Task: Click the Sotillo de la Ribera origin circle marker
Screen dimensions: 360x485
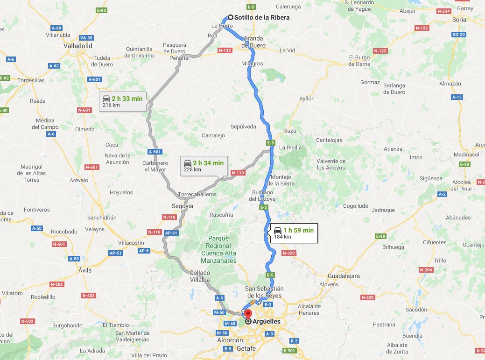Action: point(231,17)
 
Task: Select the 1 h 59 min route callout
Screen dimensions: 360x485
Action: point(293,233)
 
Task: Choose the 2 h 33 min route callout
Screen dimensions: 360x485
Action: point(124,101)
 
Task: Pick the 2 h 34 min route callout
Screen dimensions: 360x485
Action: point(204,166)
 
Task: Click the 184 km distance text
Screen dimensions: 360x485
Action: point(282,237)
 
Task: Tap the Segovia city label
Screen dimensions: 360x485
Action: point(183,206)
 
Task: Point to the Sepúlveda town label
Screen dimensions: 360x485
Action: point(243,127)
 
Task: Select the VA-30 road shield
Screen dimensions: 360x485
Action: point(86,38)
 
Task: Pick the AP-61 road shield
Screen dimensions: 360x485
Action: point(172,233)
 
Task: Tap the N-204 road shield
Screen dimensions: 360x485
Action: point(426,270)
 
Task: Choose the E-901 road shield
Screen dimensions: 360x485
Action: point(289,351)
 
